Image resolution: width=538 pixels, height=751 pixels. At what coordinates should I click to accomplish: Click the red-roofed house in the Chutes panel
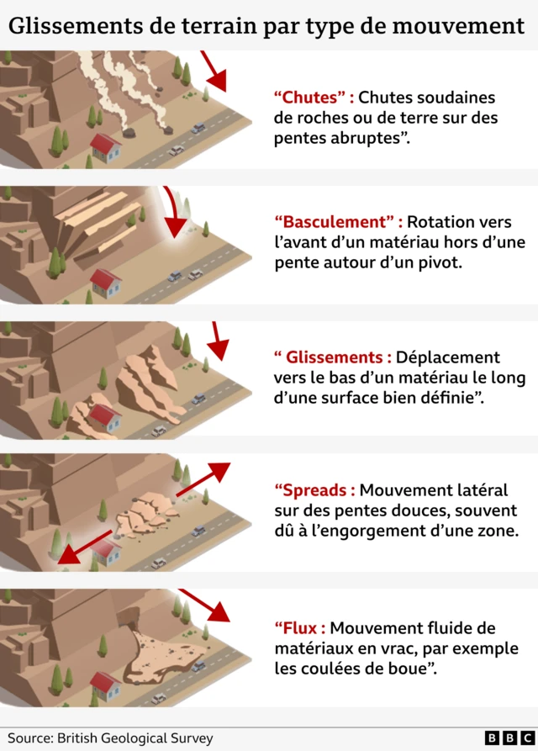105,147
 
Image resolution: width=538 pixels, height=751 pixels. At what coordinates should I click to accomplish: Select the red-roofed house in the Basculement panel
105,283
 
